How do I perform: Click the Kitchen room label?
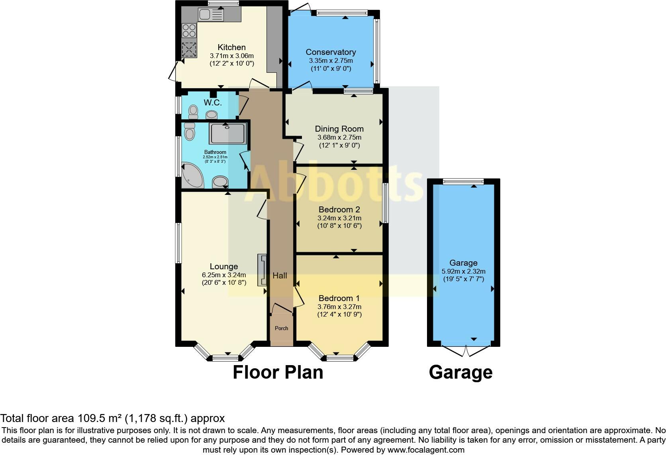pos(231,47)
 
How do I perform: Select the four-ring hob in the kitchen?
pos(189,31)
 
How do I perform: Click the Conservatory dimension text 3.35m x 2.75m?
pos(331,61)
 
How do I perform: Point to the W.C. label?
pos(213,103)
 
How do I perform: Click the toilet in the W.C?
pos(193,111)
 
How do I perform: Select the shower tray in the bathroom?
pos(228,133)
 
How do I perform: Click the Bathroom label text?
pos(215,152)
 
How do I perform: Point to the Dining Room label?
pos(339,129)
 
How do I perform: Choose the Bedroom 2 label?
pos(339,210)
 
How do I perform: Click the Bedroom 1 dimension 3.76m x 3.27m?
pos(339,307)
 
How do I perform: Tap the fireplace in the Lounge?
pos(262,270)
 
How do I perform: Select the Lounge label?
pos(223,266)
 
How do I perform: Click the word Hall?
pos(280,276)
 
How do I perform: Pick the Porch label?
pos(282,328)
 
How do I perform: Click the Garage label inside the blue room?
pos(463,263)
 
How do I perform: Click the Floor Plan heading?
pos(278,373)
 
